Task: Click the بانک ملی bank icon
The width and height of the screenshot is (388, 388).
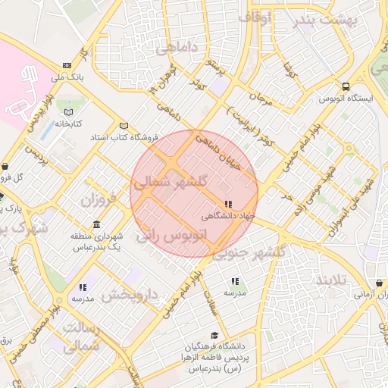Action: click(68, 65)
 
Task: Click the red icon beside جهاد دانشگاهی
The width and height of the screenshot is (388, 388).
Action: click(228, 204)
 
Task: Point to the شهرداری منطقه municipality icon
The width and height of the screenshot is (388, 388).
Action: click(96, 225)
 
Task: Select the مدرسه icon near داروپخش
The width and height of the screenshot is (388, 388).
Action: click(83, 287)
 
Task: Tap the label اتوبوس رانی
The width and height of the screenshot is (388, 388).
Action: click(171, 236)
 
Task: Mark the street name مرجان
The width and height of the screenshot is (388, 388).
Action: click(259, 99)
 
